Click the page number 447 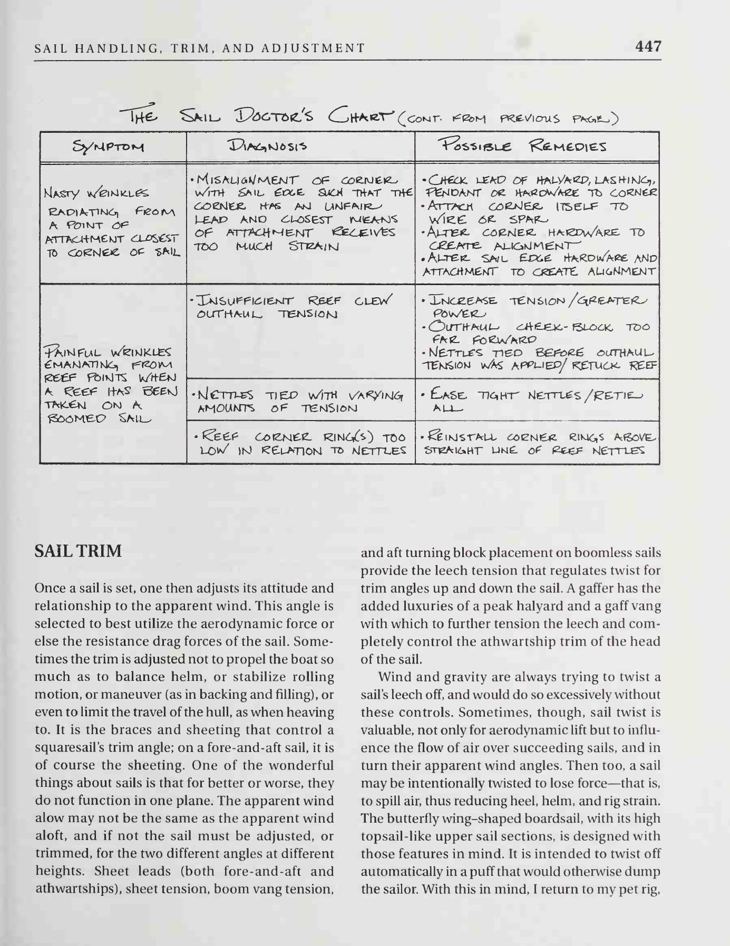point(648,46)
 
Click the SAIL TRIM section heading point(78,551)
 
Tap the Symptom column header point(113,147)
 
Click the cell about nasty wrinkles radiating point(113,222)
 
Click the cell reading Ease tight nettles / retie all point(537,401)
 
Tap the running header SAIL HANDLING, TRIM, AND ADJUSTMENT point(199,48)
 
